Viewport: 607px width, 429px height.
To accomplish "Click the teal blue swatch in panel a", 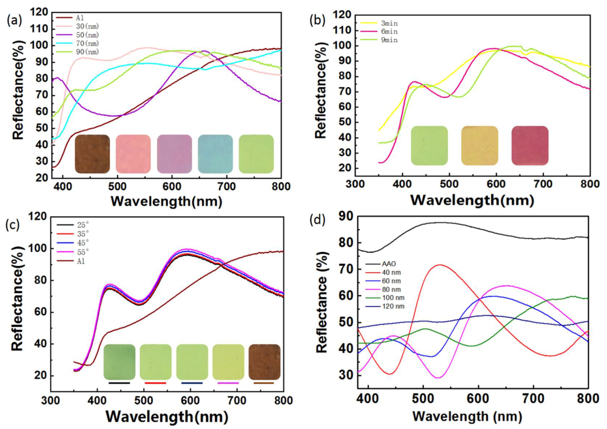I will (215, 154).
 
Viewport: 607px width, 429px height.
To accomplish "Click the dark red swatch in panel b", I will (530, 146).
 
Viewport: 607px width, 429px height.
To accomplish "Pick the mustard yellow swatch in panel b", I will (479, 146).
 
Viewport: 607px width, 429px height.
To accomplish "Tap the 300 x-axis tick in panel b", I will (355, 184).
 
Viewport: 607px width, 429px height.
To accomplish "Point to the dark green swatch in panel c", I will (119, 362).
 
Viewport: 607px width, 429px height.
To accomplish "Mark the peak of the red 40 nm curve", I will (440, 265).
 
